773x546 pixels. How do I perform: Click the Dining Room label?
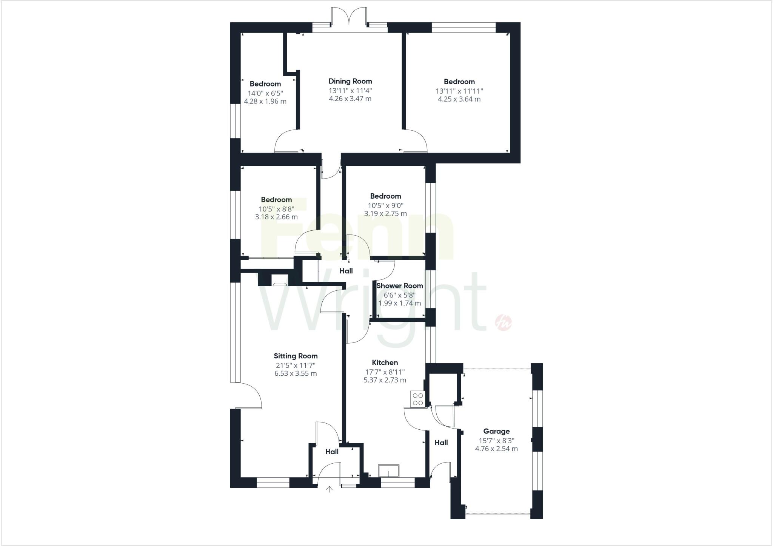pyautogui.click(x=350, y=81)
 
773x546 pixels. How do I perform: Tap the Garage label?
pyautogui.click(x=496, y=431)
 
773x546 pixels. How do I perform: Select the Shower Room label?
pyautogui.click(x=399, y=286)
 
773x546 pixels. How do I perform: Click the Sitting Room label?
pyautogui.click(x=296, y=356)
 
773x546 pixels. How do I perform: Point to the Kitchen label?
pyautogui.click(x=385, y=362)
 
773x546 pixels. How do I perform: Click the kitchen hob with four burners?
pyautogui.click(x=418, y=399)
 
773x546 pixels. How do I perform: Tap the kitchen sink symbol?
pyautogui.click(x=388, y=471)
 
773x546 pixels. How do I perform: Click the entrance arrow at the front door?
pyautogui.click(x=329, y=489)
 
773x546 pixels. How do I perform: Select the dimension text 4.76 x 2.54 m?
pyautogui.click(x=496, y=449)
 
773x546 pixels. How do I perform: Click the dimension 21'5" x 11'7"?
pyautogui.click(x=296, y=365)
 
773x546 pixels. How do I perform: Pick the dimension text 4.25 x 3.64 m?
pyautogui.click(x=459, y=99)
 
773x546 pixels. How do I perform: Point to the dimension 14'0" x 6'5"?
pyautogui.click(x=265, y=93)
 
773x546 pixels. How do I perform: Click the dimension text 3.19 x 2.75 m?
pyautogui.click(x=385, y=214)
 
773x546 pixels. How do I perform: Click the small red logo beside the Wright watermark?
pyautogui.click(x=503, y=322)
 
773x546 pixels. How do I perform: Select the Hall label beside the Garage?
pyautogui.click(x=441, y=443)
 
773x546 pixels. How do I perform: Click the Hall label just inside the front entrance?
pyautogui.click(x=332, y=452)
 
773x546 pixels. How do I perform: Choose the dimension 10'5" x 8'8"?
pyautogui.click(x=276, y=209)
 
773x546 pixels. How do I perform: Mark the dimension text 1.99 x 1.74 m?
pyautogui.click(x=399, y=303)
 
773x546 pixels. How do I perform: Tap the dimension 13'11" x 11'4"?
pyautogui.click(x=350, y=91)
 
